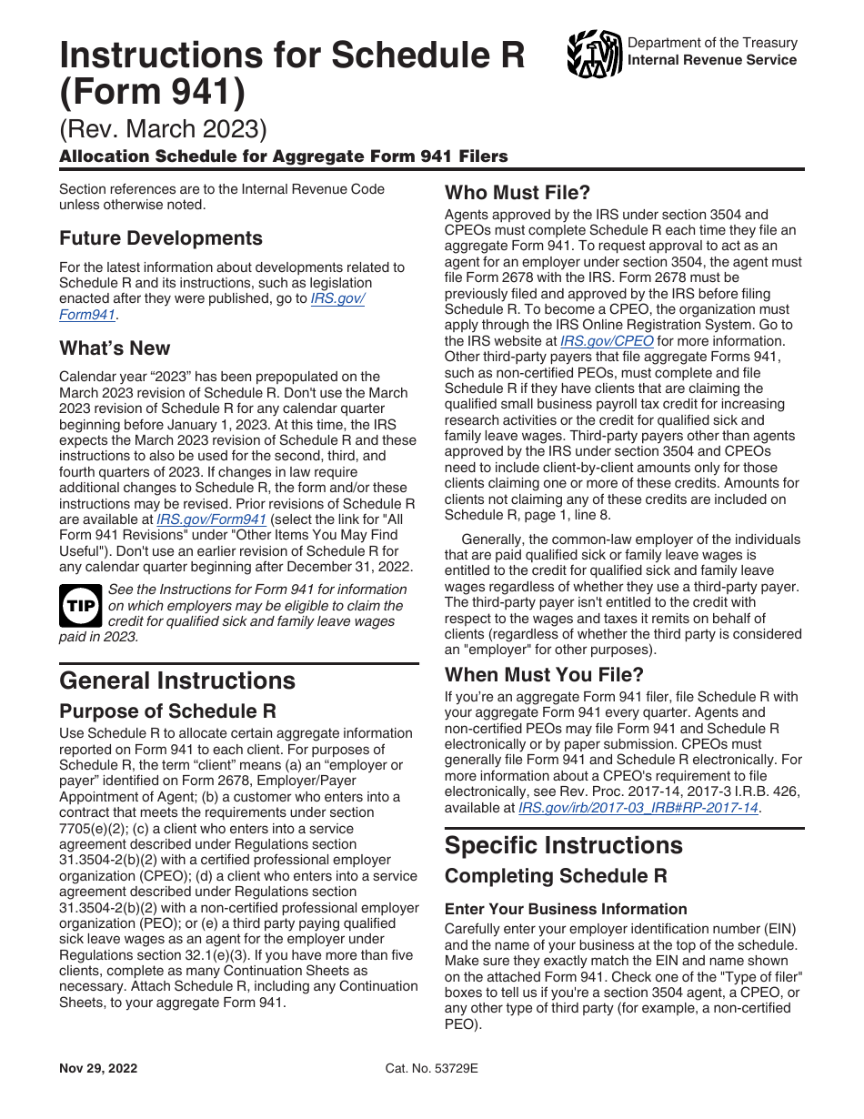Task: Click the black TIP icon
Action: click(x=80, y=605)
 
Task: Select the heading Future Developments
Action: click(x=161, y=238)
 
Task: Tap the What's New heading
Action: click(x=115, y=348)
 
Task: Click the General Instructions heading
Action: click(x=177, y=680)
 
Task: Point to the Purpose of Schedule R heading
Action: click(x=168, y=711)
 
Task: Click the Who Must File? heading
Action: click(x=517, y=193)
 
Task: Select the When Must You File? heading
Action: click(x=544, y=675)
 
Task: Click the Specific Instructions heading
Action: click(x=563, y=845)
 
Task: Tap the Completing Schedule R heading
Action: click(x=556, y=876)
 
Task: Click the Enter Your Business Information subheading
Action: click(x=566, y=909)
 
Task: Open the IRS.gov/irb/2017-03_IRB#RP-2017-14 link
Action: click(x=638, y=807)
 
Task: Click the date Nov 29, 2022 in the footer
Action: click(x=99, y=1068)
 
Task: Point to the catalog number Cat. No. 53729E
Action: click(x=432, y=1068)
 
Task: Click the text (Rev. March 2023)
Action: click(x=164, y=130)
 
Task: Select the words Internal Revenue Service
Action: click(x=712, y=60)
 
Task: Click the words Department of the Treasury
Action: click(x=712, y=43)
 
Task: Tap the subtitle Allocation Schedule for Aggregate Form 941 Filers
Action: click(x=284, y=156)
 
